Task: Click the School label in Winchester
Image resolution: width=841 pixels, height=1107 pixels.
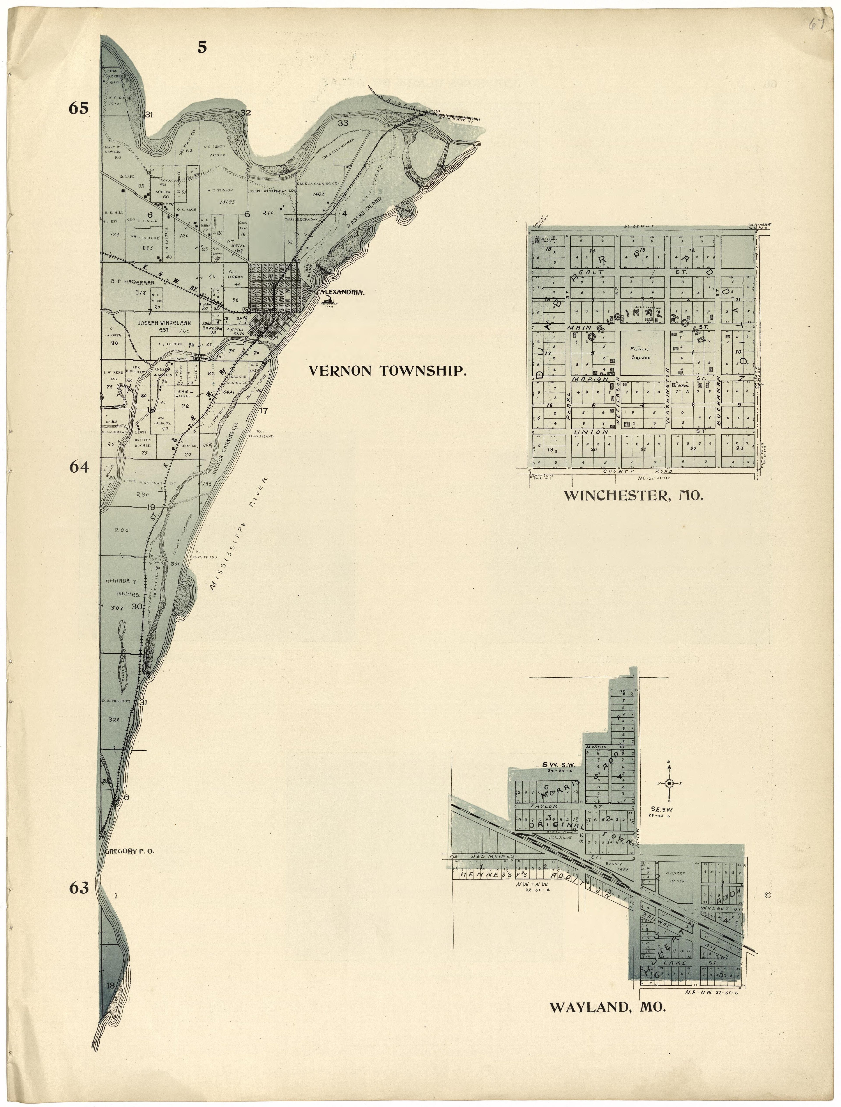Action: click(x=683, y=386)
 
